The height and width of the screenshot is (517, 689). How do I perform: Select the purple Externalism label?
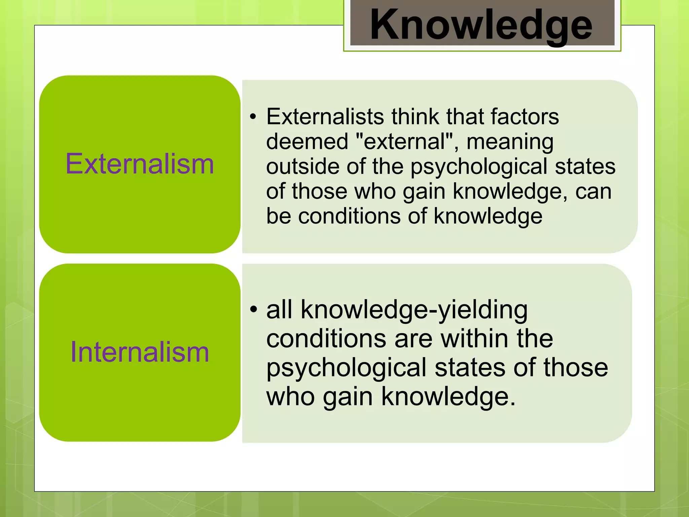click(140, 164)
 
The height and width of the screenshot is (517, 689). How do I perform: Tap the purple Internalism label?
click(140, 352)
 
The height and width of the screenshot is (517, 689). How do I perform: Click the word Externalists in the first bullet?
click(325, 117)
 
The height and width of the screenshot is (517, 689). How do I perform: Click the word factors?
click(524, 117)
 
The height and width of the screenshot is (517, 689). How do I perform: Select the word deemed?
click(307, 141)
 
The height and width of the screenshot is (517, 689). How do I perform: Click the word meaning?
click(510, 142)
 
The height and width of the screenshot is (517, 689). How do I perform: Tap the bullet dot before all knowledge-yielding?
click(253, 309)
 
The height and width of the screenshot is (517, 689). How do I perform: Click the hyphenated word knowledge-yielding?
click(414, 310)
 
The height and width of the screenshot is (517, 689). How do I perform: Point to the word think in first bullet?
click(415, 117)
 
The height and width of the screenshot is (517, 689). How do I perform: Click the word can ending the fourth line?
click(593, 192)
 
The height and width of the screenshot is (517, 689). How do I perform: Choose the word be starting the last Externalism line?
click(278, 216)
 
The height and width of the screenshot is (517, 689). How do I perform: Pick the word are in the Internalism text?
click(413, 339)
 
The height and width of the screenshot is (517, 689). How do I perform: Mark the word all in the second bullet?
click(279, 309)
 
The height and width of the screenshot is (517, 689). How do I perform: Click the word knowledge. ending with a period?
click(448, 397)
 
